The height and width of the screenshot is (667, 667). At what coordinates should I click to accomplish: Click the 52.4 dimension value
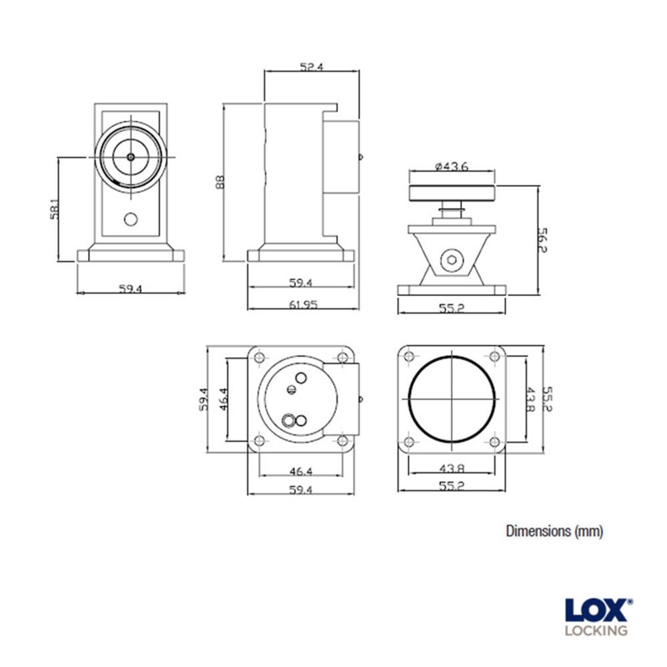311,67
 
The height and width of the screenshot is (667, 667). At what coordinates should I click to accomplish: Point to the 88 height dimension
220,182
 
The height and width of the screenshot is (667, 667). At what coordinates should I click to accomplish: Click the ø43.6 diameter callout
452,167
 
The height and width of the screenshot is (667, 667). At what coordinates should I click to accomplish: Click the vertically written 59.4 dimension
204,399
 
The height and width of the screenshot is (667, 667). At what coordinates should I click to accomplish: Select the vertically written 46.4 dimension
223,399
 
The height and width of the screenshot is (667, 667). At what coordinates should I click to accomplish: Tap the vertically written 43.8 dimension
530,399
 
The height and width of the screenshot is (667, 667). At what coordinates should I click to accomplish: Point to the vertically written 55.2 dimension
549,399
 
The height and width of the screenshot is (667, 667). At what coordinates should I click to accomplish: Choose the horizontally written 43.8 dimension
452,469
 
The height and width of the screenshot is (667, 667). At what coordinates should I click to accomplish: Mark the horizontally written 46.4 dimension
301,472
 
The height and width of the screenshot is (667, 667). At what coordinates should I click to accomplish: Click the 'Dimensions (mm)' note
554,531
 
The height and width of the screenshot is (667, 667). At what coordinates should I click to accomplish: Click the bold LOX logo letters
596,611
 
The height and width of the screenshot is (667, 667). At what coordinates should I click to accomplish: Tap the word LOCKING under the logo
596,630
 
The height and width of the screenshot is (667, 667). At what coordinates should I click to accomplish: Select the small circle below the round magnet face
131,219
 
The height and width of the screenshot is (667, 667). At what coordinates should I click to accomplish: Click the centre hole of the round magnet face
131,157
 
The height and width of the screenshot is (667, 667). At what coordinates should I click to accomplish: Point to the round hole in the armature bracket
453,261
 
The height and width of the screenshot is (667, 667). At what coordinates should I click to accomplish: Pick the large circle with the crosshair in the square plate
452,399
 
